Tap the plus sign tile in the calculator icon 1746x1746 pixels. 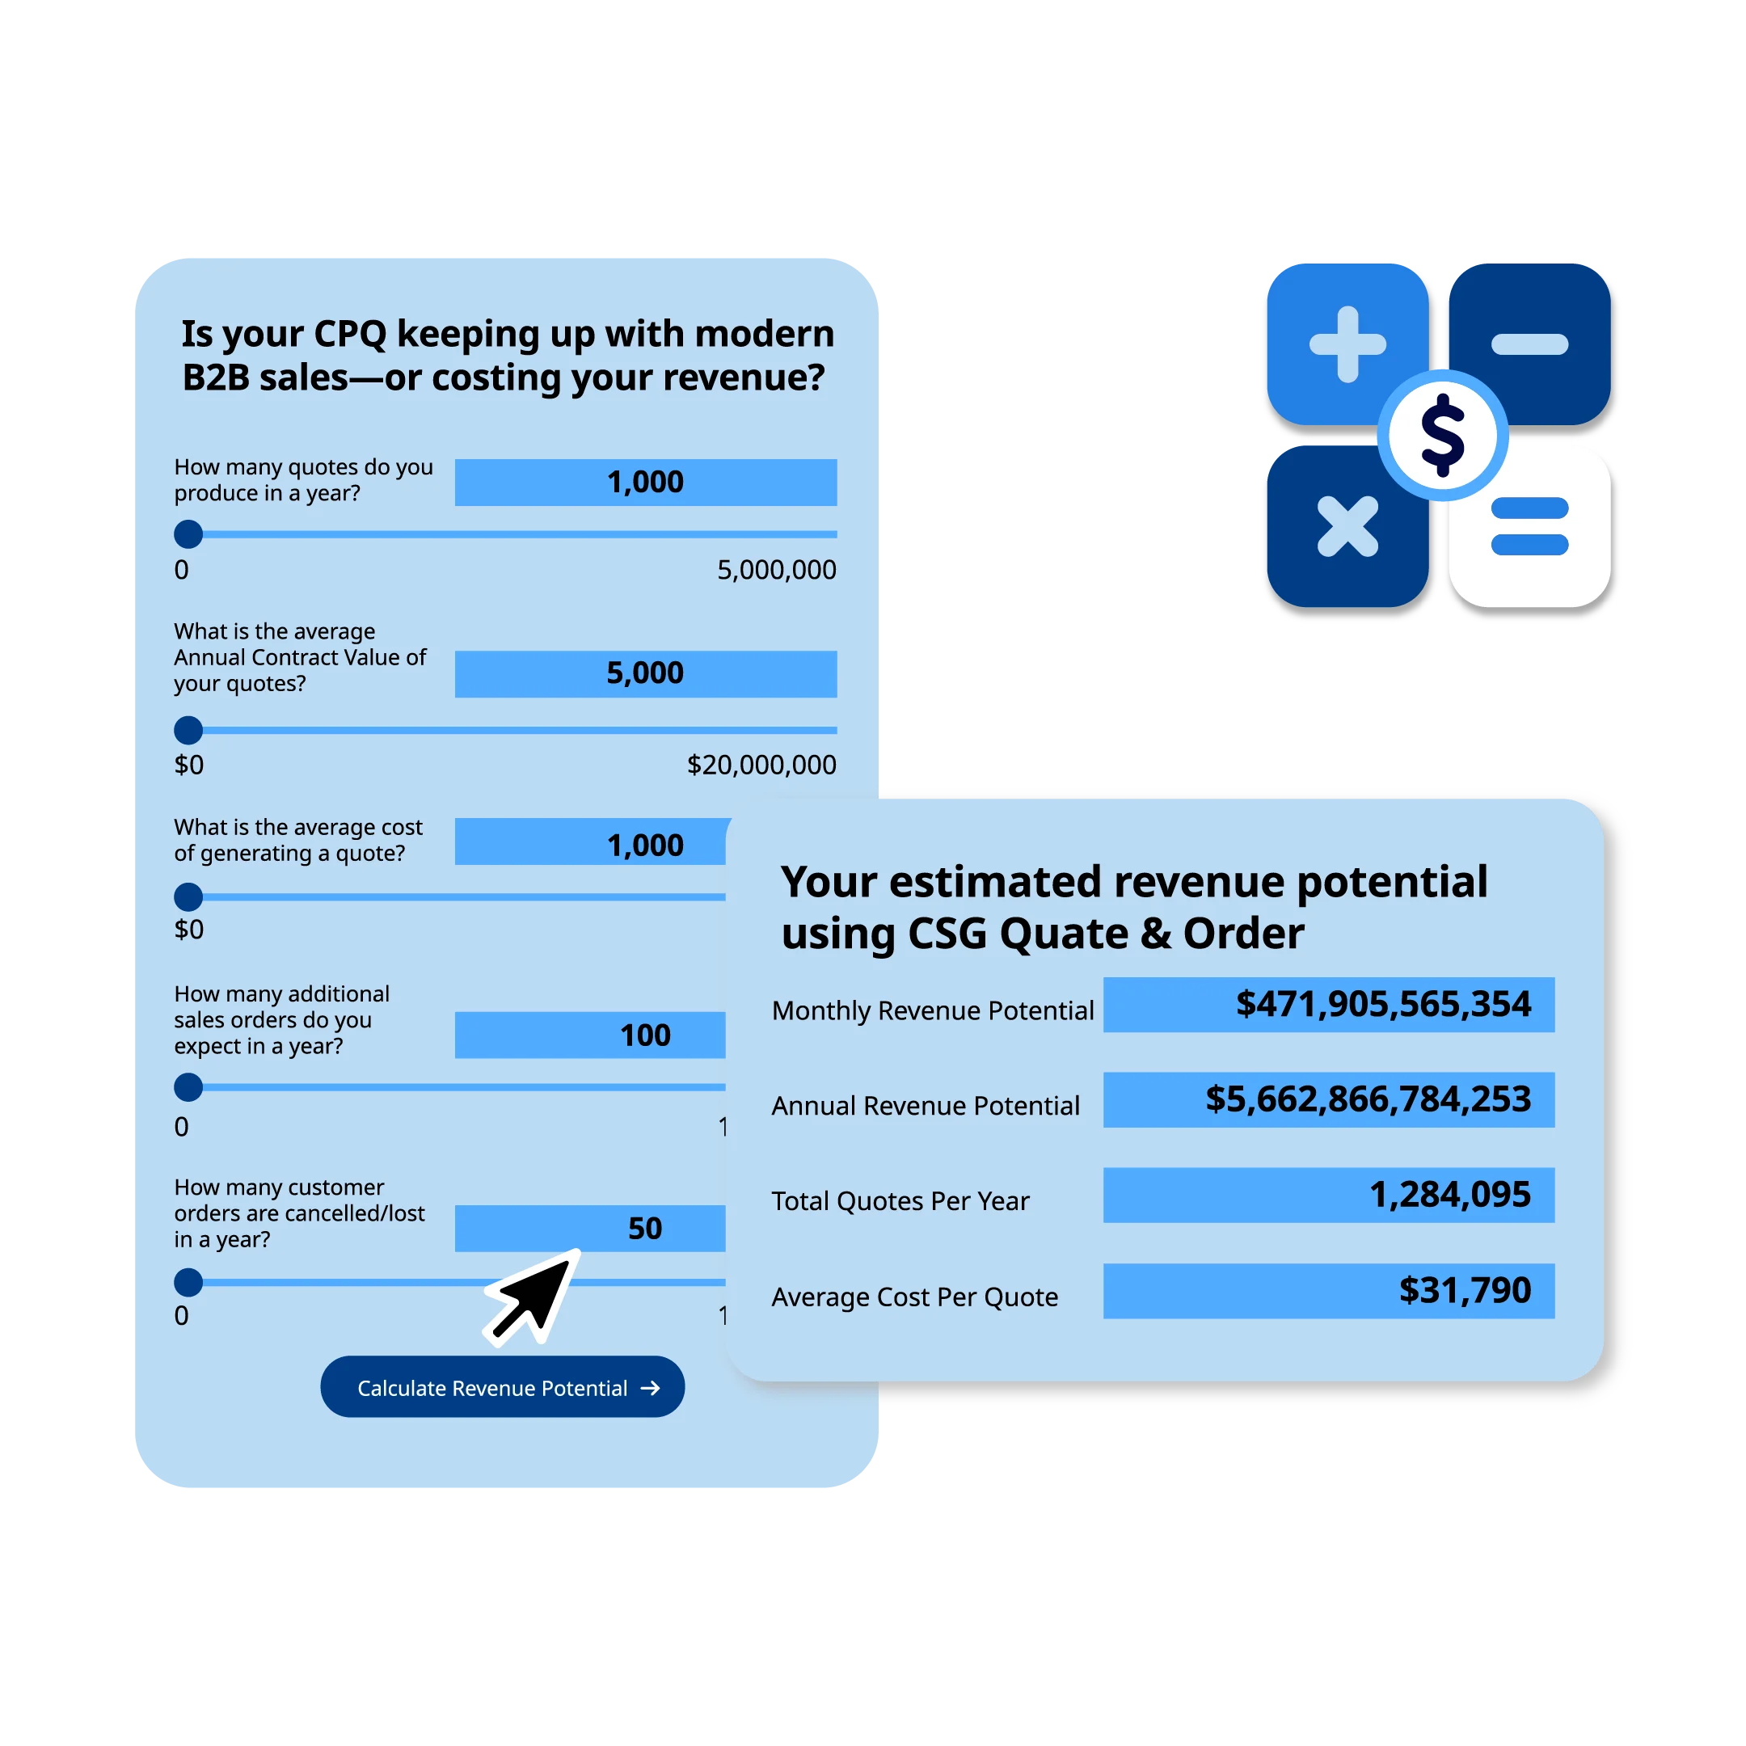[x=1347, y=344]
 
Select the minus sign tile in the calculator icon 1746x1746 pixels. [x=1529, y=344]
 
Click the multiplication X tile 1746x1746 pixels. [x=1347, y=526]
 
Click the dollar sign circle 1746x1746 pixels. [x=1442, y=435]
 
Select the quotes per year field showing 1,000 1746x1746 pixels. [x=645, y=482]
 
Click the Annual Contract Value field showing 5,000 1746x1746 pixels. [x=645, y=673]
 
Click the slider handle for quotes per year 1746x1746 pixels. [x=188, y=534]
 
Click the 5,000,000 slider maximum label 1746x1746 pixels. [x=776, y=569]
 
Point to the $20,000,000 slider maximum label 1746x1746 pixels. [x=761, y=765]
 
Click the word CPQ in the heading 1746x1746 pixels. [x=350, y=335]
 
